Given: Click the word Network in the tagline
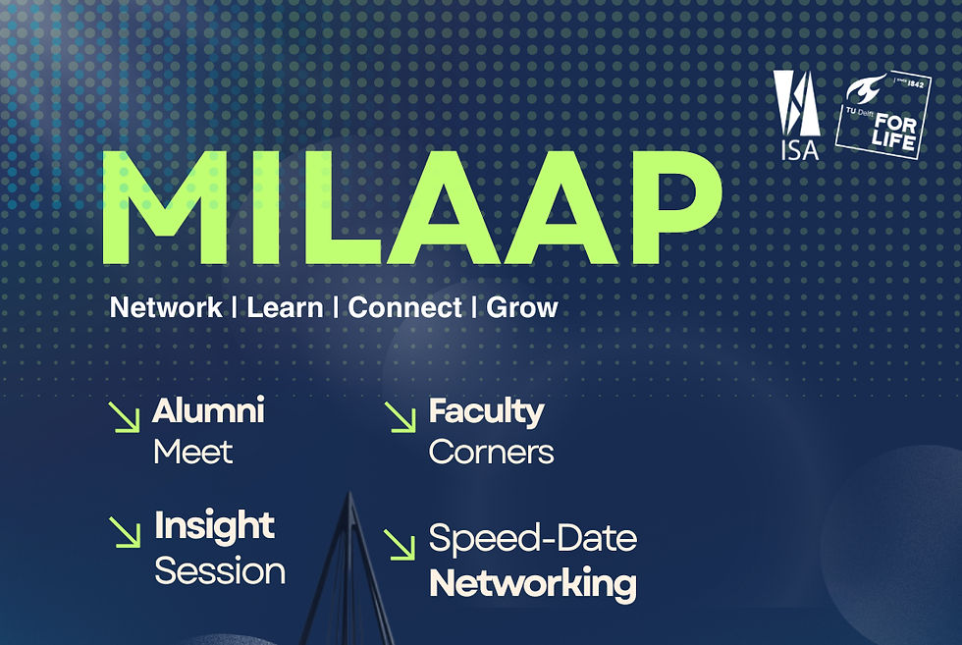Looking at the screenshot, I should point(166,307).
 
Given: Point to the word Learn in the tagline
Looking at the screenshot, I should point(285,307).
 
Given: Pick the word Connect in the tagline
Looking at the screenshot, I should point(405,307).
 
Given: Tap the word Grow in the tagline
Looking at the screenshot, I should point(522,307).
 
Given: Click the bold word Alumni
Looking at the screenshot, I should point(208,411).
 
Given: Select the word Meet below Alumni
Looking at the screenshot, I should point(192,453).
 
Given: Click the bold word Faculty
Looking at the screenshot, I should point(486,411).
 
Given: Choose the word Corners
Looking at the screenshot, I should point(491,453).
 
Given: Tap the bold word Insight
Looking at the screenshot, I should point(214,527).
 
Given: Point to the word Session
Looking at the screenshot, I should point(220,570).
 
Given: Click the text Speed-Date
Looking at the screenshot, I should point(533,539).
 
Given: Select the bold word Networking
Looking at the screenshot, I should point(533,583).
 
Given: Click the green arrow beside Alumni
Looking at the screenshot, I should point(124,417).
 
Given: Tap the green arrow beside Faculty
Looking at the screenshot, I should point(401,417).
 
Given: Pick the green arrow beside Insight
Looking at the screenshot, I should point(124,532).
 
